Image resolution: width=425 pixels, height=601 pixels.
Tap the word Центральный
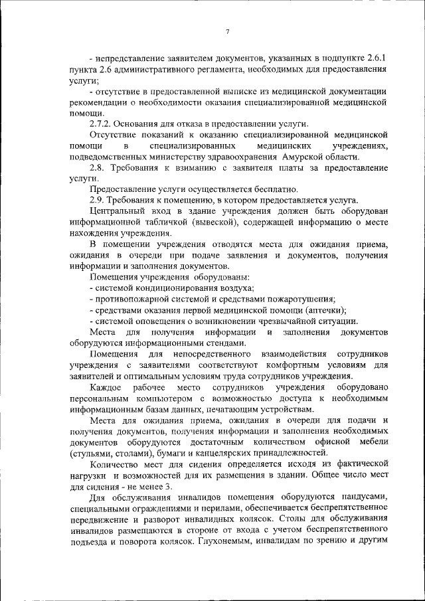[118, 211]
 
